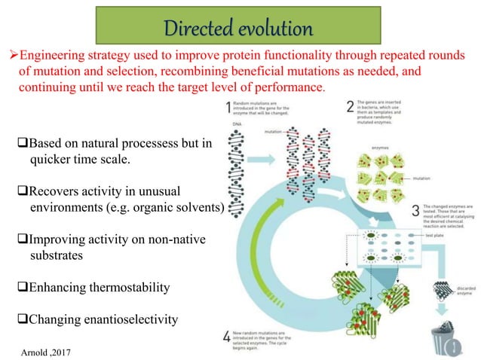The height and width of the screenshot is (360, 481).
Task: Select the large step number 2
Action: click(351, 108)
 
